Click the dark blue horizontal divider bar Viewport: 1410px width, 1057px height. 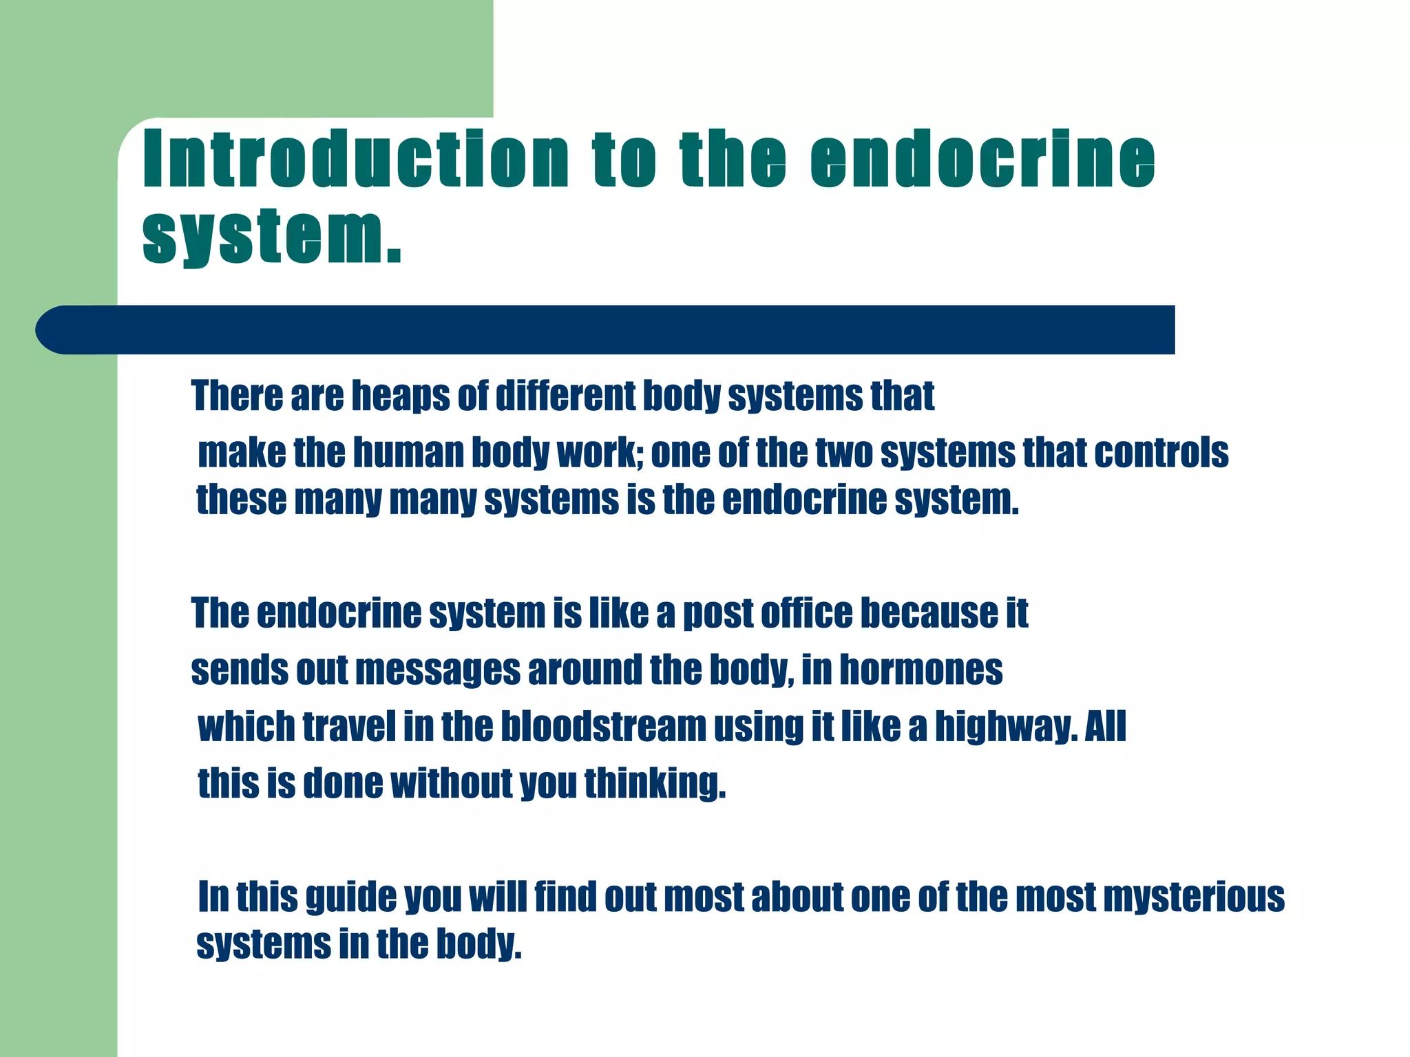(606, 330)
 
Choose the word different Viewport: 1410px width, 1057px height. (566, 397)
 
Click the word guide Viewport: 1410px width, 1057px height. (350, 897)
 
